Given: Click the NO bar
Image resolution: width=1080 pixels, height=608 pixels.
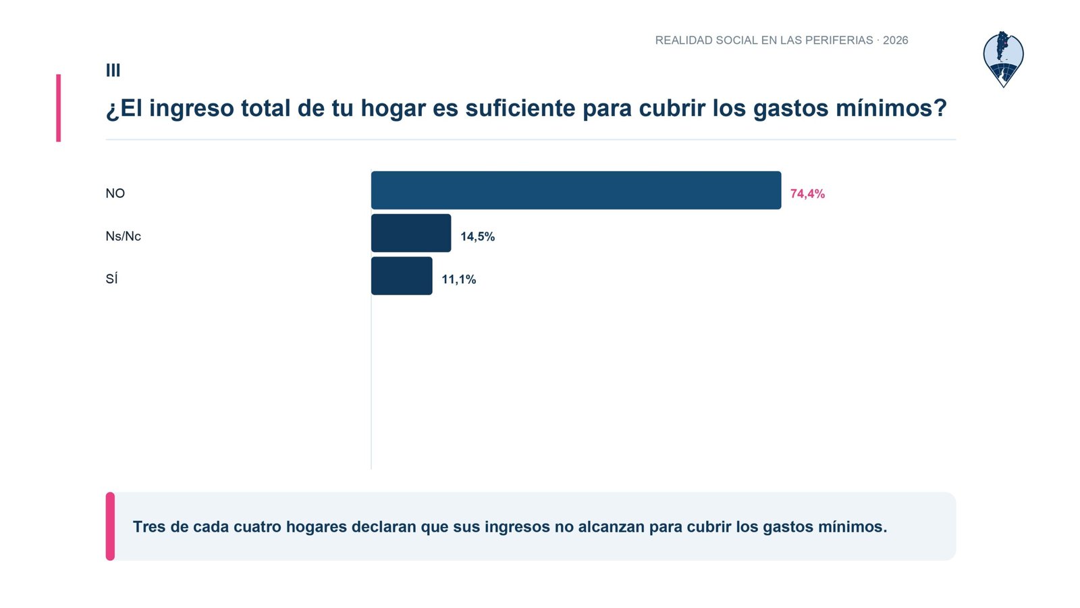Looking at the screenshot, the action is (x=576, y=190).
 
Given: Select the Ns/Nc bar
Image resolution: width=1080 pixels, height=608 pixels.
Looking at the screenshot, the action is (x=411, y=233).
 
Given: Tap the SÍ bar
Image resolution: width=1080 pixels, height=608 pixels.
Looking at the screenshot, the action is (x=402, y=276).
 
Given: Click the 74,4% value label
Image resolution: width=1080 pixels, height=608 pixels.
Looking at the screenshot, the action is (x=807, y=193).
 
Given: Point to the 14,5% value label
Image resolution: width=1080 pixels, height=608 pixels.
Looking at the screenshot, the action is (x=478, y=236).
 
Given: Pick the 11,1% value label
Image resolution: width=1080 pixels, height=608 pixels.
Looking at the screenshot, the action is (x=459, y=280).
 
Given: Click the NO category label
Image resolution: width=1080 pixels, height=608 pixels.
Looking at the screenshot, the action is (x=115, y=193).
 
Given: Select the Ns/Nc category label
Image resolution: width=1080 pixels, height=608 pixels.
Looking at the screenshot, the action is (x=124, y=236).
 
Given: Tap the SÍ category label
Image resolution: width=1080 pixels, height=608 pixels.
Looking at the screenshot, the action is (x=111, y=278).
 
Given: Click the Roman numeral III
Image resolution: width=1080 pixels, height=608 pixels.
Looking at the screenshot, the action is (x=113, y=70).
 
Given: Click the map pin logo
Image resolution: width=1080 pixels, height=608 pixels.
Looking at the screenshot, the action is (x=1003, y=59).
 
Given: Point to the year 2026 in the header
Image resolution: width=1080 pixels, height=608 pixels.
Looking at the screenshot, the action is (x=895, y=40).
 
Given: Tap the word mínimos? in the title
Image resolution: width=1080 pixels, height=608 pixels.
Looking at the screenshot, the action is (x=892, y=107).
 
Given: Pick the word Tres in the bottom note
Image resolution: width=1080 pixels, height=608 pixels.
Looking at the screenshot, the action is (x=149, y=526).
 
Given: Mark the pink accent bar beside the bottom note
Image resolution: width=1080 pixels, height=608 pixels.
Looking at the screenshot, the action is (x=111, y=526).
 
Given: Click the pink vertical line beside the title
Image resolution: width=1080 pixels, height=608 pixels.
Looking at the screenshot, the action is (x=58, y=108).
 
